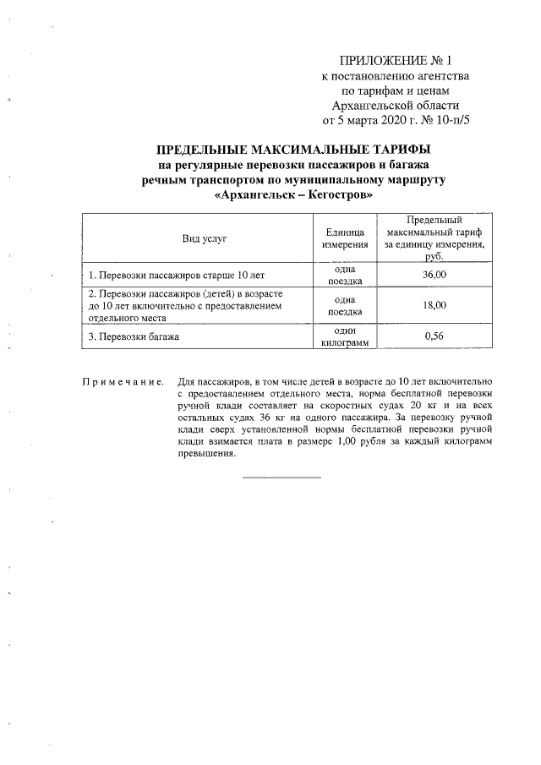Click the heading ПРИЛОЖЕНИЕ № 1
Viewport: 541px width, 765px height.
396,61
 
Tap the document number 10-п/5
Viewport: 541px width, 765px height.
445,120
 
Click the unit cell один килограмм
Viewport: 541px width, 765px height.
345,336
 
